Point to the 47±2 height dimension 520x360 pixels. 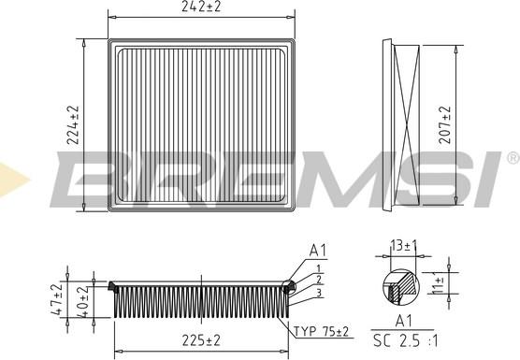(x=56, y=299)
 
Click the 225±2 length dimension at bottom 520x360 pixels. (x=200, y=339)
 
